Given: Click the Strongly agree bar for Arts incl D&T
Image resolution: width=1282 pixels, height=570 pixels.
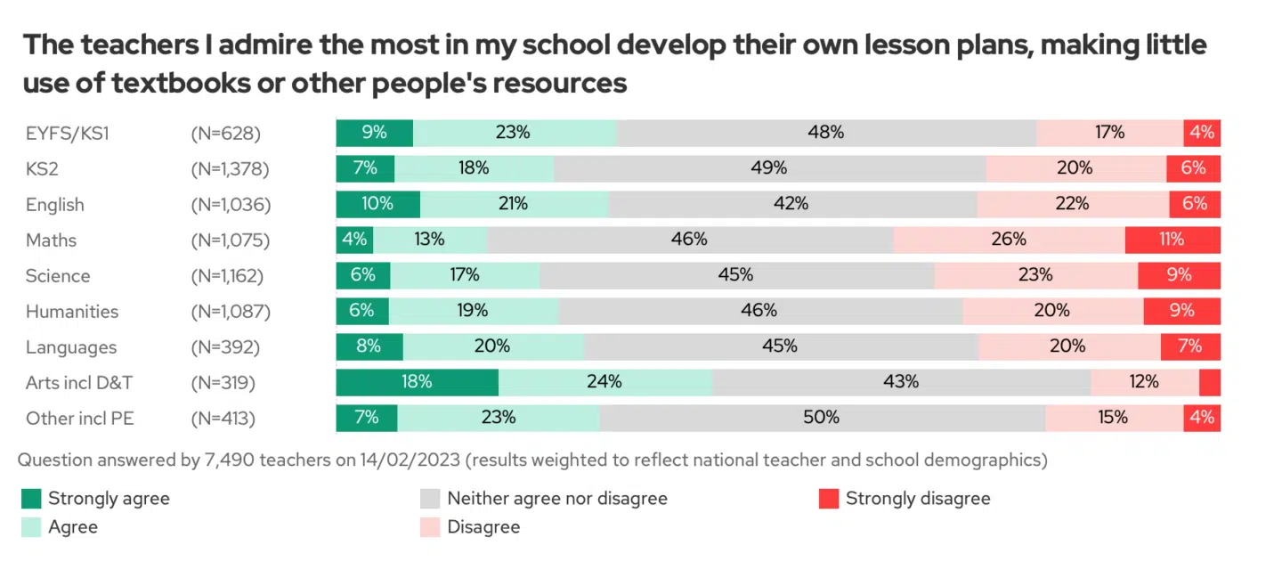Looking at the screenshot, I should [x=417, y=382].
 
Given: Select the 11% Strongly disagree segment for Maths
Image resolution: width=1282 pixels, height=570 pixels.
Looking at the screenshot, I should [x=1172, y=240].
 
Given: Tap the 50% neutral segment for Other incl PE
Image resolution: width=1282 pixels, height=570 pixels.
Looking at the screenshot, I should [x=822, y=418].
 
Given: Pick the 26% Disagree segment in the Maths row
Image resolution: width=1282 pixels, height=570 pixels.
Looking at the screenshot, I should [x=1009, y=240].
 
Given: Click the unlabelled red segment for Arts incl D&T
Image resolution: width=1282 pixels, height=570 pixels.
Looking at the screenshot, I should [x=1210, y=382].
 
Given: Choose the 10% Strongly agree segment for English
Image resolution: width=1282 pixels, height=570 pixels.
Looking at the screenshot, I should [x=377, y=204].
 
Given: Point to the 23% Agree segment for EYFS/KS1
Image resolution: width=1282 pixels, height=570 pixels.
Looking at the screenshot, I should [x=515, y=133].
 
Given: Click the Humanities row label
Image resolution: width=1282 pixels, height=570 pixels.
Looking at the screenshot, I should [x=71, y=312].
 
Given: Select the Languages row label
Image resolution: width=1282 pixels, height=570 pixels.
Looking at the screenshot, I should [x=71, y=347].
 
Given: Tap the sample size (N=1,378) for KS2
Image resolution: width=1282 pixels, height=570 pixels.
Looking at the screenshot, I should [x=230, y=169].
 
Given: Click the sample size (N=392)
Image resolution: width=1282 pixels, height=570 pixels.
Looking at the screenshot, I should [x=223, y=347].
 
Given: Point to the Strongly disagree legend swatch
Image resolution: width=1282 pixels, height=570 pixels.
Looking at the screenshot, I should [x=830, y=499].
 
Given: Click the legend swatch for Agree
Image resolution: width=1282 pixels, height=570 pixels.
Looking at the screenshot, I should [x=32, y=527].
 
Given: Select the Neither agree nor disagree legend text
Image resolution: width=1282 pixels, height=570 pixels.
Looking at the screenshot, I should [x=557, y=499].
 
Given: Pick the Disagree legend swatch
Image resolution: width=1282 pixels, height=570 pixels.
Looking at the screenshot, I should [x=431, y=527].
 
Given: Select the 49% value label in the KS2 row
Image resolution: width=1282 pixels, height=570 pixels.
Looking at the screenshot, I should [x=769, y=168].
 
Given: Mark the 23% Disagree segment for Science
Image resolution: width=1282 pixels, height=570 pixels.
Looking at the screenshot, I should [x=1035, y=275].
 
